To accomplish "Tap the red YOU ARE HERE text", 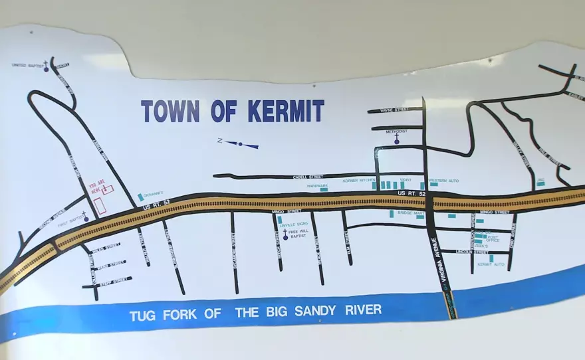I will (x=96, y=187).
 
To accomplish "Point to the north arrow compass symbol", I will (x=240, y=143).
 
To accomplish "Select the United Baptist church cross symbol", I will (x=47, y=66).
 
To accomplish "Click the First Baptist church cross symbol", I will (x=86, y=216).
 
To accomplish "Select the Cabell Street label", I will (x=307, y=177).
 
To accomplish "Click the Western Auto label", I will (x=443, y=181).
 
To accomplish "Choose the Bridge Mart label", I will (x=411, y=213).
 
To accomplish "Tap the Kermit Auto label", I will (x=491, y=264).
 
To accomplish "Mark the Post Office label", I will (x=493, y=238).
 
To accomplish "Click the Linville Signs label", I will (x=293, y=225).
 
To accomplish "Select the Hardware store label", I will (x=317, y=186).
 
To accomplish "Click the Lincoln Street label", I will (x=473, y=252).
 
